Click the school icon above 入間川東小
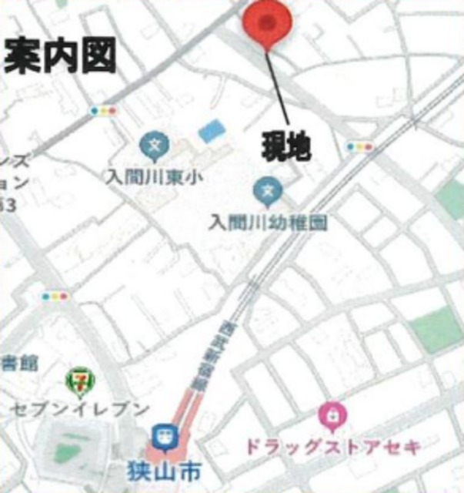pyautogui.click(x=154, y=145)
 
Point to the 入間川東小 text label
pyautogui.click(x=154, y=177)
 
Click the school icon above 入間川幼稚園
pyautogui.click(x=267, y=189)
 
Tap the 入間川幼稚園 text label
pyautogui.click(x=269, y=223)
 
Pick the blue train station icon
pyautogui.click(x=162, y=437)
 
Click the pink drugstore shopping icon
pyautogui.click(x=332, y=417)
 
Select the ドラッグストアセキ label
pyautogui.click(x=332, y=446)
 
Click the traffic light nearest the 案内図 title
pyautogui.click(x=102, y=111)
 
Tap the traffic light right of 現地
pyautogui.click(x=359, y=146)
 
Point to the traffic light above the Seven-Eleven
pyautogui.click(x=55, y=296)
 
